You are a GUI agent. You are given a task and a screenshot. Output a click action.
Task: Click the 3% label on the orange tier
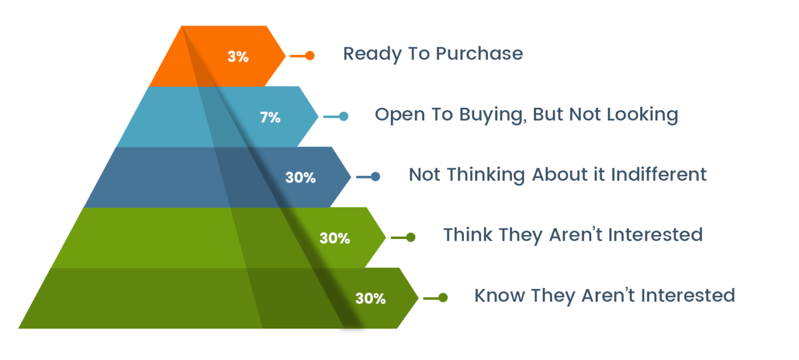238,56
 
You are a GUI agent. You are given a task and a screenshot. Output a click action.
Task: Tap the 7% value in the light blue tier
270,118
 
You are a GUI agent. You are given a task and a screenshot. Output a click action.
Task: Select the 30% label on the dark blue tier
300,177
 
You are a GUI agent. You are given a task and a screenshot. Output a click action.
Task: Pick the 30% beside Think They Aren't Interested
334,238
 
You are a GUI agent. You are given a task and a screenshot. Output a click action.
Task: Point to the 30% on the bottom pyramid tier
370,298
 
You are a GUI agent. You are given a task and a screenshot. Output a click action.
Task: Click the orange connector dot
309,55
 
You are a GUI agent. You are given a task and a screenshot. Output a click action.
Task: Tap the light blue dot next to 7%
344,116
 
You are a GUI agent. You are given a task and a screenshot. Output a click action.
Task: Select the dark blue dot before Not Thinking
376,176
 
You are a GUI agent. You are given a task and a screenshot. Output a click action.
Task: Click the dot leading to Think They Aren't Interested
410,237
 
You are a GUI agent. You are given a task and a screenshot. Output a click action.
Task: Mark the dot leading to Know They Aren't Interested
443,297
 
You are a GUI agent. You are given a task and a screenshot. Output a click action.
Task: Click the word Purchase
479,54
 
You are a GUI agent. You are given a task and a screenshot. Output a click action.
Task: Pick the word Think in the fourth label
467,234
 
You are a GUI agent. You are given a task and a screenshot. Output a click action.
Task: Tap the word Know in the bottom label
499,296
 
